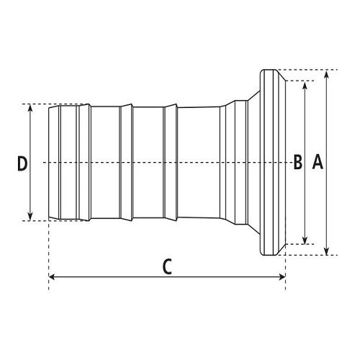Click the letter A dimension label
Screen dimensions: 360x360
point(318,162)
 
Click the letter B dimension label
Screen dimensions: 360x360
point(298,162)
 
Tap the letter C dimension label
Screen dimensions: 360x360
point(167,266)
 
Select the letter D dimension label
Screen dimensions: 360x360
point(22,163)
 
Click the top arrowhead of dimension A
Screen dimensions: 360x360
point(326,74)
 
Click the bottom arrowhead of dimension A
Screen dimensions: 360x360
point(326,251)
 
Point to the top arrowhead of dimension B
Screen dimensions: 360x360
point(305,85)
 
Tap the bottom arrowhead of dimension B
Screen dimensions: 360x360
point(305,240)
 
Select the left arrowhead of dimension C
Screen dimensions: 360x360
point(53,277)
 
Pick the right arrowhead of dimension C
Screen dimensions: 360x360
point(282,277)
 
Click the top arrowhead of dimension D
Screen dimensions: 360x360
point(30,109)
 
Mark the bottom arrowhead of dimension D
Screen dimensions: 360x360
point(30,217)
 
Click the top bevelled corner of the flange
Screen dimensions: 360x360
point(281,76)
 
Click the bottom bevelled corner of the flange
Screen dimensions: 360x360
point(281,250)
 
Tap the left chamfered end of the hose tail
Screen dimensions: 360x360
point(53,162)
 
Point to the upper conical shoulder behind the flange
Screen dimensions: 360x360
point(254,96)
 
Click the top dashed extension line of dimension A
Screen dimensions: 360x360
point(307,70)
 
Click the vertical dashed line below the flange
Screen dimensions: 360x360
point(285,273)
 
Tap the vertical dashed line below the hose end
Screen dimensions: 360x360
point(49,255)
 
